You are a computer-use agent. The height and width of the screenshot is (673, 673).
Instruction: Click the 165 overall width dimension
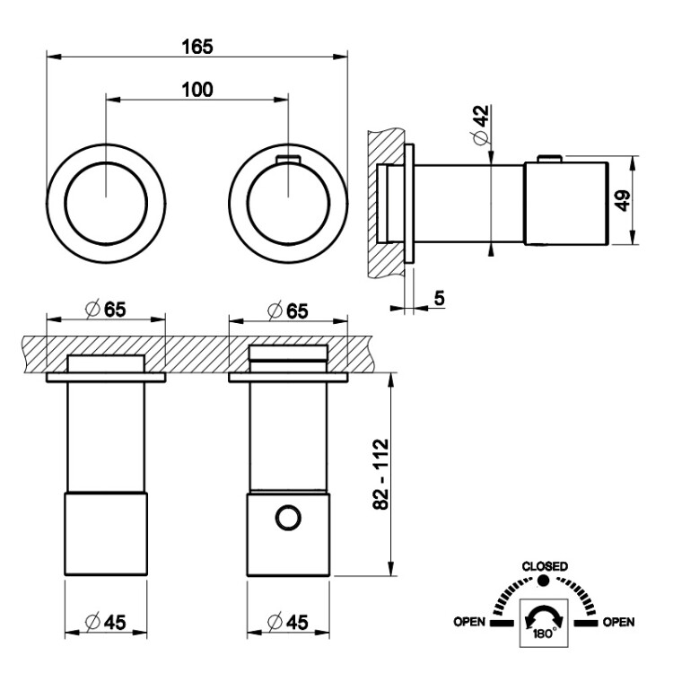[x=197, y=46]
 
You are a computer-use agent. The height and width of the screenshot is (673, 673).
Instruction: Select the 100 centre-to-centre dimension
[x=197, y=89]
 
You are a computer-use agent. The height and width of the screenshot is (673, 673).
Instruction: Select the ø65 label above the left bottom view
[x=106, y=310]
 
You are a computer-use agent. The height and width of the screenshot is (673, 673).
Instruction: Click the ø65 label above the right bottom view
[x=288, y=310]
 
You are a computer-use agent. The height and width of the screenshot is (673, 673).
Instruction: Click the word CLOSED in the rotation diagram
[x=544, y=566]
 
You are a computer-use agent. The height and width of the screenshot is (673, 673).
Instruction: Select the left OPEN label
[x=470, y=621]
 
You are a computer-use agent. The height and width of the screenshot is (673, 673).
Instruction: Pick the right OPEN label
[x=619, y=621]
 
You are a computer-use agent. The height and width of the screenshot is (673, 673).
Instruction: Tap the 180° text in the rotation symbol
[x=544, y=631]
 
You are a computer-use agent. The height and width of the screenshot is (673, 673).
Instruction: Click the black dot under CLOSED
[x=544, y=581]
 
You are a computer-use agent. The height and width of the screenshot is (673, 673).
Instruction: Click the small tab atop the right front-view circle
[x=287, y=159]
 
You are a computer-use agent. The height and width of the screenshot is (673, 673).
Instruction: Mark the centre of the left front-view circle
[x=106, y=195]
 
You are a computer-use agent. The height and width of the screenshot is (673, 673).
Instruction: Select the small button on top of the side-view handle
[x=548, y=160]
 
